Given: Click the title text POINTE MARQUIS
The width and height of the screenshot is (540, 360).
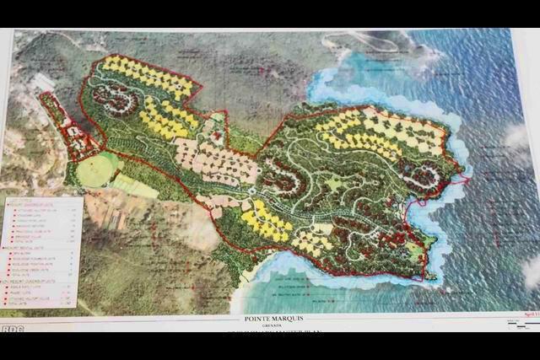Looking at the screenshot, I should tap(269, 319).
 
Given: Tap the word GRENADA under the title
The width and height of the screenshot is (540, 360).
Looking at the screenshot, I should tap(269, 326).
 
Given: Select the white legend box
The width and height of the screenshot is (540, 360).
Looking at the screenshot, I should tap(41, 251).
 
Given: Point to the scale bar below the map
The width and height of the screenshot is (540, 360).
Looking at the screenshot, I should tap(520, 321).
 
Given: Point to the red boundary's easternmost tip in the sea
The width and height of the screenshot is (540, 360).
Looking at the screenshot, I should tap(467, 180).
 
